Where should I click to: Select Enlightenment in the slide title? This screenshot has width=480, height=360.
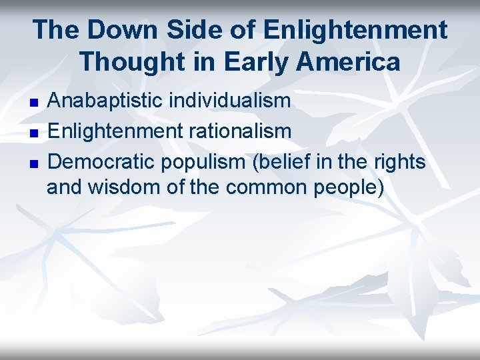coord(355,30)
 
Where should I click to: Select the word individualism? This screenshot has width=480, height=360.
coord(229,101)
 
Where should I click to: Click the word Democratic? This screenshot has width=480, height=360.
coord(100,160)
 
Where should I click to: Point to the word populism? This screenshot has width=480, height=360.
coord(195,161)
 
